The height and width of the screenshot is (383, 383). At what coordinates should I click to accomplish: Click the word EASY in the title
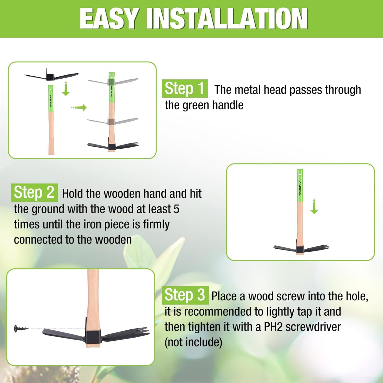[x=110, y=18]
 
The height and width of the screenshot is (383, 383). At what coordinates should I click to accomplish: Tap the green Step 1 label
[x=185, y=89]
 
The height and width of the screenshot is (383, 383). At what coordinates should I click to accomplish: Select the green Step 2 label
[x=34, y=192]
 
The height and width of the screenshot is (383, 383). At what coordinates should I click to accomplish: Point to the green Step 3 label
[x=185, y=295]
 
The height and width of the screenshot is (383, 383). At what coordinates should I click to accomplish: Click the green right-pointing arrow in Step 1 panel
[x=79, y=107]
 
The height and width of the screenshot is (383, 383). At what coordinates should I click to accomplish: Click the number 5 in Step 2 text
[x=176, y=209]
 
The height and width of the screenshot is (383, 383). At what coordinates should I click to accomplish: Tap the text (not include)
[x=193, y=342]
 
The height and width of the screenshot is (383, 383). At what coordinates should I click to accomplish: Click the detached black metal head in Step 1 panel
[x=51, y=76]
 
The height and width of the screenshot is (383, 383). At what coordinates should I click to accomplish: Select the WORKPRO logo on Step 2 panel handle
[x=300, y=188]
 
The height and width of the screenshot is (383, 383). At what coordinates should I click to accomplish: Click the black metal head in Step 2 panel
[x=300, y=249]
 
